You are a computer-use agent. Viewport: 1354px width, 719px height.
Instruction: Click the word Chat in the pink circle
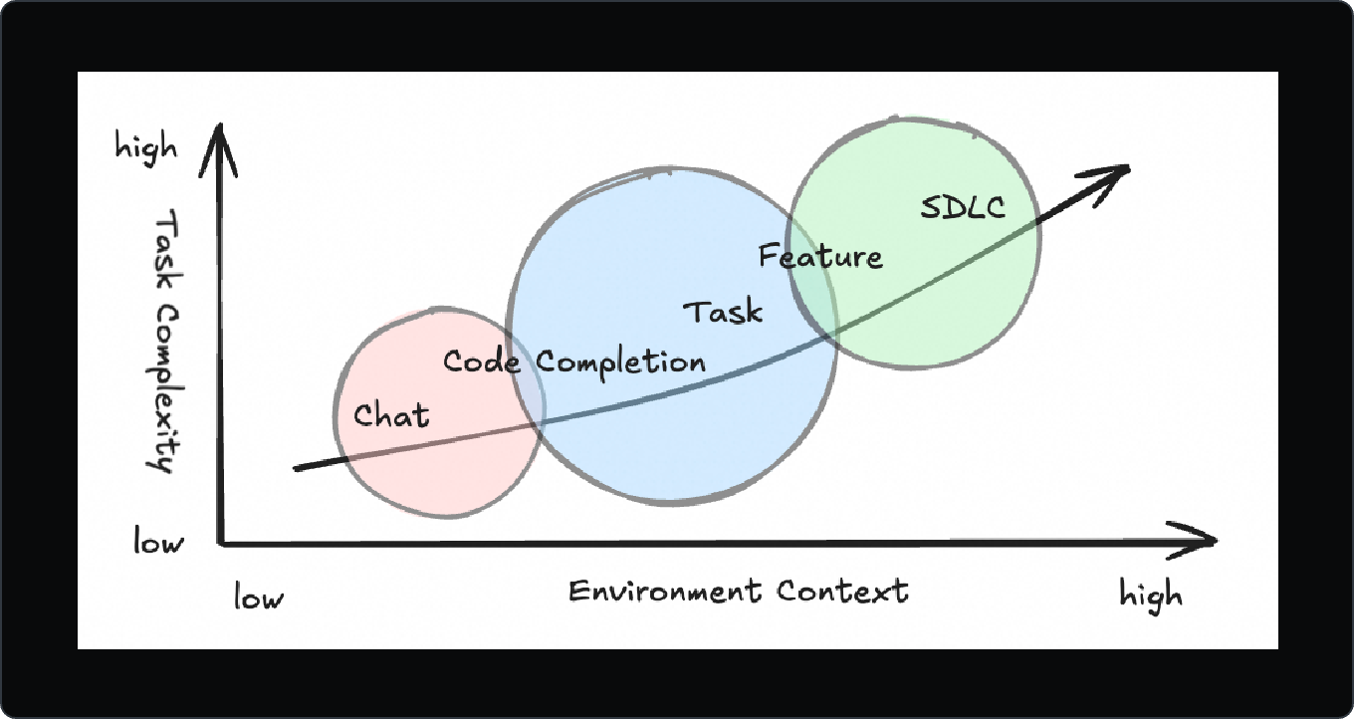click(391, 414)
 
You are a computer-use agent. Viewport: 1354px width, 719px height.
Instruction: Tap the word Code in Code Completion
click(482, 360)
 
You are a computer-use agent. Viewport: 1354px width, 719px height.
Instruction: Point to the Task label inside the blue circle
click(723, 312)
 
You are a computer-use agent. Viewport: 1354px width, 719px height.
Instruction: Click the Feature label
click(819, 257)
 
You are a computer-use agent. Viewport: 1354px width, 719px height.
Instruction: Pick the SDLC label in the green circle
click(962, 207)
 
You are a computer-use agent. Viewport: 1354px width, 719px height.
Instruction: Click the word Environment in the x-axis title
click(664, 591)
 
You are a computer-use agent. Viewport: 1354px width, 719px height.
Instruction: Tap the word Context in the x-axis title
click(842, 591)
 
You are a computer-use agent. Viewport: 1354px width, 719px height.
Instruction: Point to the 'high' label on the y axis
click(146, 148)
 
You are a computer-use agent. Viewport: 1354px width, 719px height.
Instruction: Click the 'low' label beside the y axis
click(159, 543)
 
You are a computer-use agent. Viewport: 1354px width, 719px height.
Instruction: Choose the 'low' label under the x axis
click(259, 598)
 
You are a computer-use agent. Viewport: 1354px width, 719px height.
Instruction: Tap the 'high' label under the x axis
click(1151, 596)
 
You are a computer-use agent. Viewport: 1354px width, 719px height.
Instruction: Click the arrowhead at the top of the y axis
click(224, 134)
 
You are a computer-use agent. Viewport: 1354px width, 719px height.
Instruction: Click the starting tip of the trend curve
click(297, 467)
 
